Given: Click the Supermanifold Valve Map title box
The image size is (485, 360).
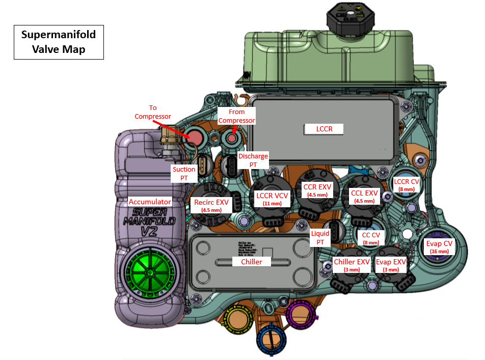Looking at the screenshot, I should (59, 42).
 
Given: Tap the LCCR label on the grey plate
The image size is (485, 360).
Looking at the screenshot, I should (324, 129).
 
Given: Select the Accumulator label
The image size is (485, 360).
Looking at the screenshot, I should (150, 202).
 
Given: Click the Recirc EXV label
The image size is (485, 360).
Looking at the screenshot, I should (211, 205).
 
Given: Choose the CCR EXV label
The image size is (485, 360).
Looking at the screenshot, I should (317, 190).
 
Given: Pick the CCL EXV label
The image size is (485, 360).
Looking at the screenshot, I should (364, 196).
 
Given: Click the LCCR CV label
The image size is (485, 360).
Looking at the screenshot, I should (407, 184).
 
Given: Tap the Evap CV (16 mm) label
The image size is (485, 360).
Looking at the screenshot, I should (439, 246).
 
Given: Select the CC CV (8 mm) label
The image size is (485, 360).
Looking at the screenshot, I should (370, 238).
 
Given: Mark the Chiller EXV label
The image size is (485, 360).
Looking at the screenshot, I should (352, 265).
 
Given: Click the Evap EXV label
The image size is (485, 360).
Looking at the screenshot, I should (391, 265).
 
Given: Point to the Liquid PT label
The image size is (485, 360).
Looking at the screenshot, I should (320, 237).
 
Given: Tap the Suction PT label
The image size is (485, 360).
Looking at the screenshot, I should (184, 173).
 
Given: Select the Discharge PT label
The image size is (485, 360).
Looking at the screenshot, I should (253, 160).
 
